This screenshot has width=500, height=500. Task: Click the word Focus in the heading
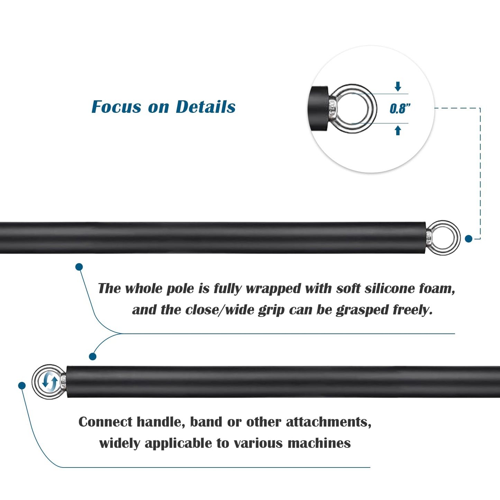(x=117, y=107)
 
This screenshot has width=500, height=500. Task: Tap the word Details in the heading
(x=206, y=107)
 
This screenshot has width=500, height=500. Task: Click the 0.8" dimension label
(x=400, y=108)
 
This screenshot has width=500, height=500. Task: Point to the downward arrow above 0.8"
(x=398, y=87)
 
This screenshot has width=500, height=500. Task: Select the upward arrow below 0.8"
(x=398, y=130)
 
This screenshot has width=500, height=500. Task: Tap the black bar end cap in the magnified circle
(x=318, y=109)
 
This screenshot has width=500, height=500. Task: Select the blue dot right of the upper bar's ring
(x=469, y=239)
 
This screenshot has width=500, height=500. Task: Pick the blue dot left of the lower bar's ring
(x=22, y=385)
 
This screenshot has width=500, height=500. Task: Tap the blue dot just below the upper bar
(x=79, y=267)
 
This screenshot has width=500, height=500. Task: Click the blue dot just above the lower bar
(x=93, y=356)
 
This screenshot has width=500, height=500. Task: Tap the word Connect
(x=106, y=422)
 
